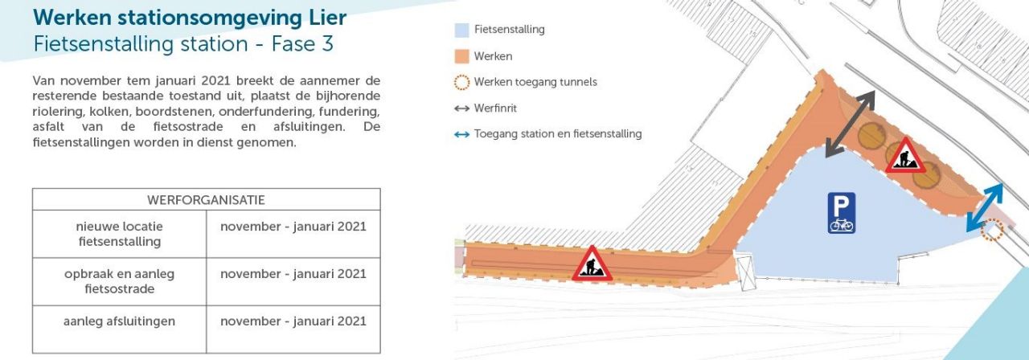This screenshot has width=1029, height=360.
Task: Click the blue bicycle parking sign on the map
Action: [842, 213]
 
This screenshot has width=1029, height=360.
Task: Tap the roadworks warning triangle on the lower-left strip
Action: [592, 264]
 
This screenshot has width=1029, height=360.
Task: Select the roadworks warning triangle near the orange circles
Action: [906, 155]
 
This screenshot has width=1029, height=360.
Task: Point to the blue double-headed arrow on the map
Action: [985, 207]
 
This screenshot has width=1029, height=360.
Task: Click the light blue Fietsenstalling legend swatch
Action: [461, 30]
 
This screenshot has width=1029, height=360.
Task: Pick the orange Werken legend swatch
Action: [461, 56]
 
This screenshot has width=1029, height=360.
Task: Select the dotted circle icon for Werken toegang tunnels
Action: [461, 82]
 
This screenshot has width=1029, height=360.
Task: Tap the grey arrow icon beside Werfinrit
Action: [461, 108]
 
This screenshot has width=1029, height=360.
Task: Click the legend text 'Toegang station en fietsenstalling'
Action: [558, 134]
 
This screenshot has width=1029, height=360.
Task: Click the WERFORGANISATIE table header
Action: [206, 199]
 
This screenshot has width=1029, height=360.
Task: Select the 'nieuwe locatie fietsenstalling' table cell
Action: [119, 234]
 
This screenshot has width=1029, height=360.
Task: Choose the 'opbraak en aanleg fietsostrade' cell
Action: [119, 281]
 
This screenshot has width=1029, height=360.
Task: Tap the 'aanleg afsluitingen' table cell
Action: [119, 321]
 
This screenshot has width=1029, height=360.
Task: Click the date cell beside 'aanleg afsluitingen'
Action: [293, 321]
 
